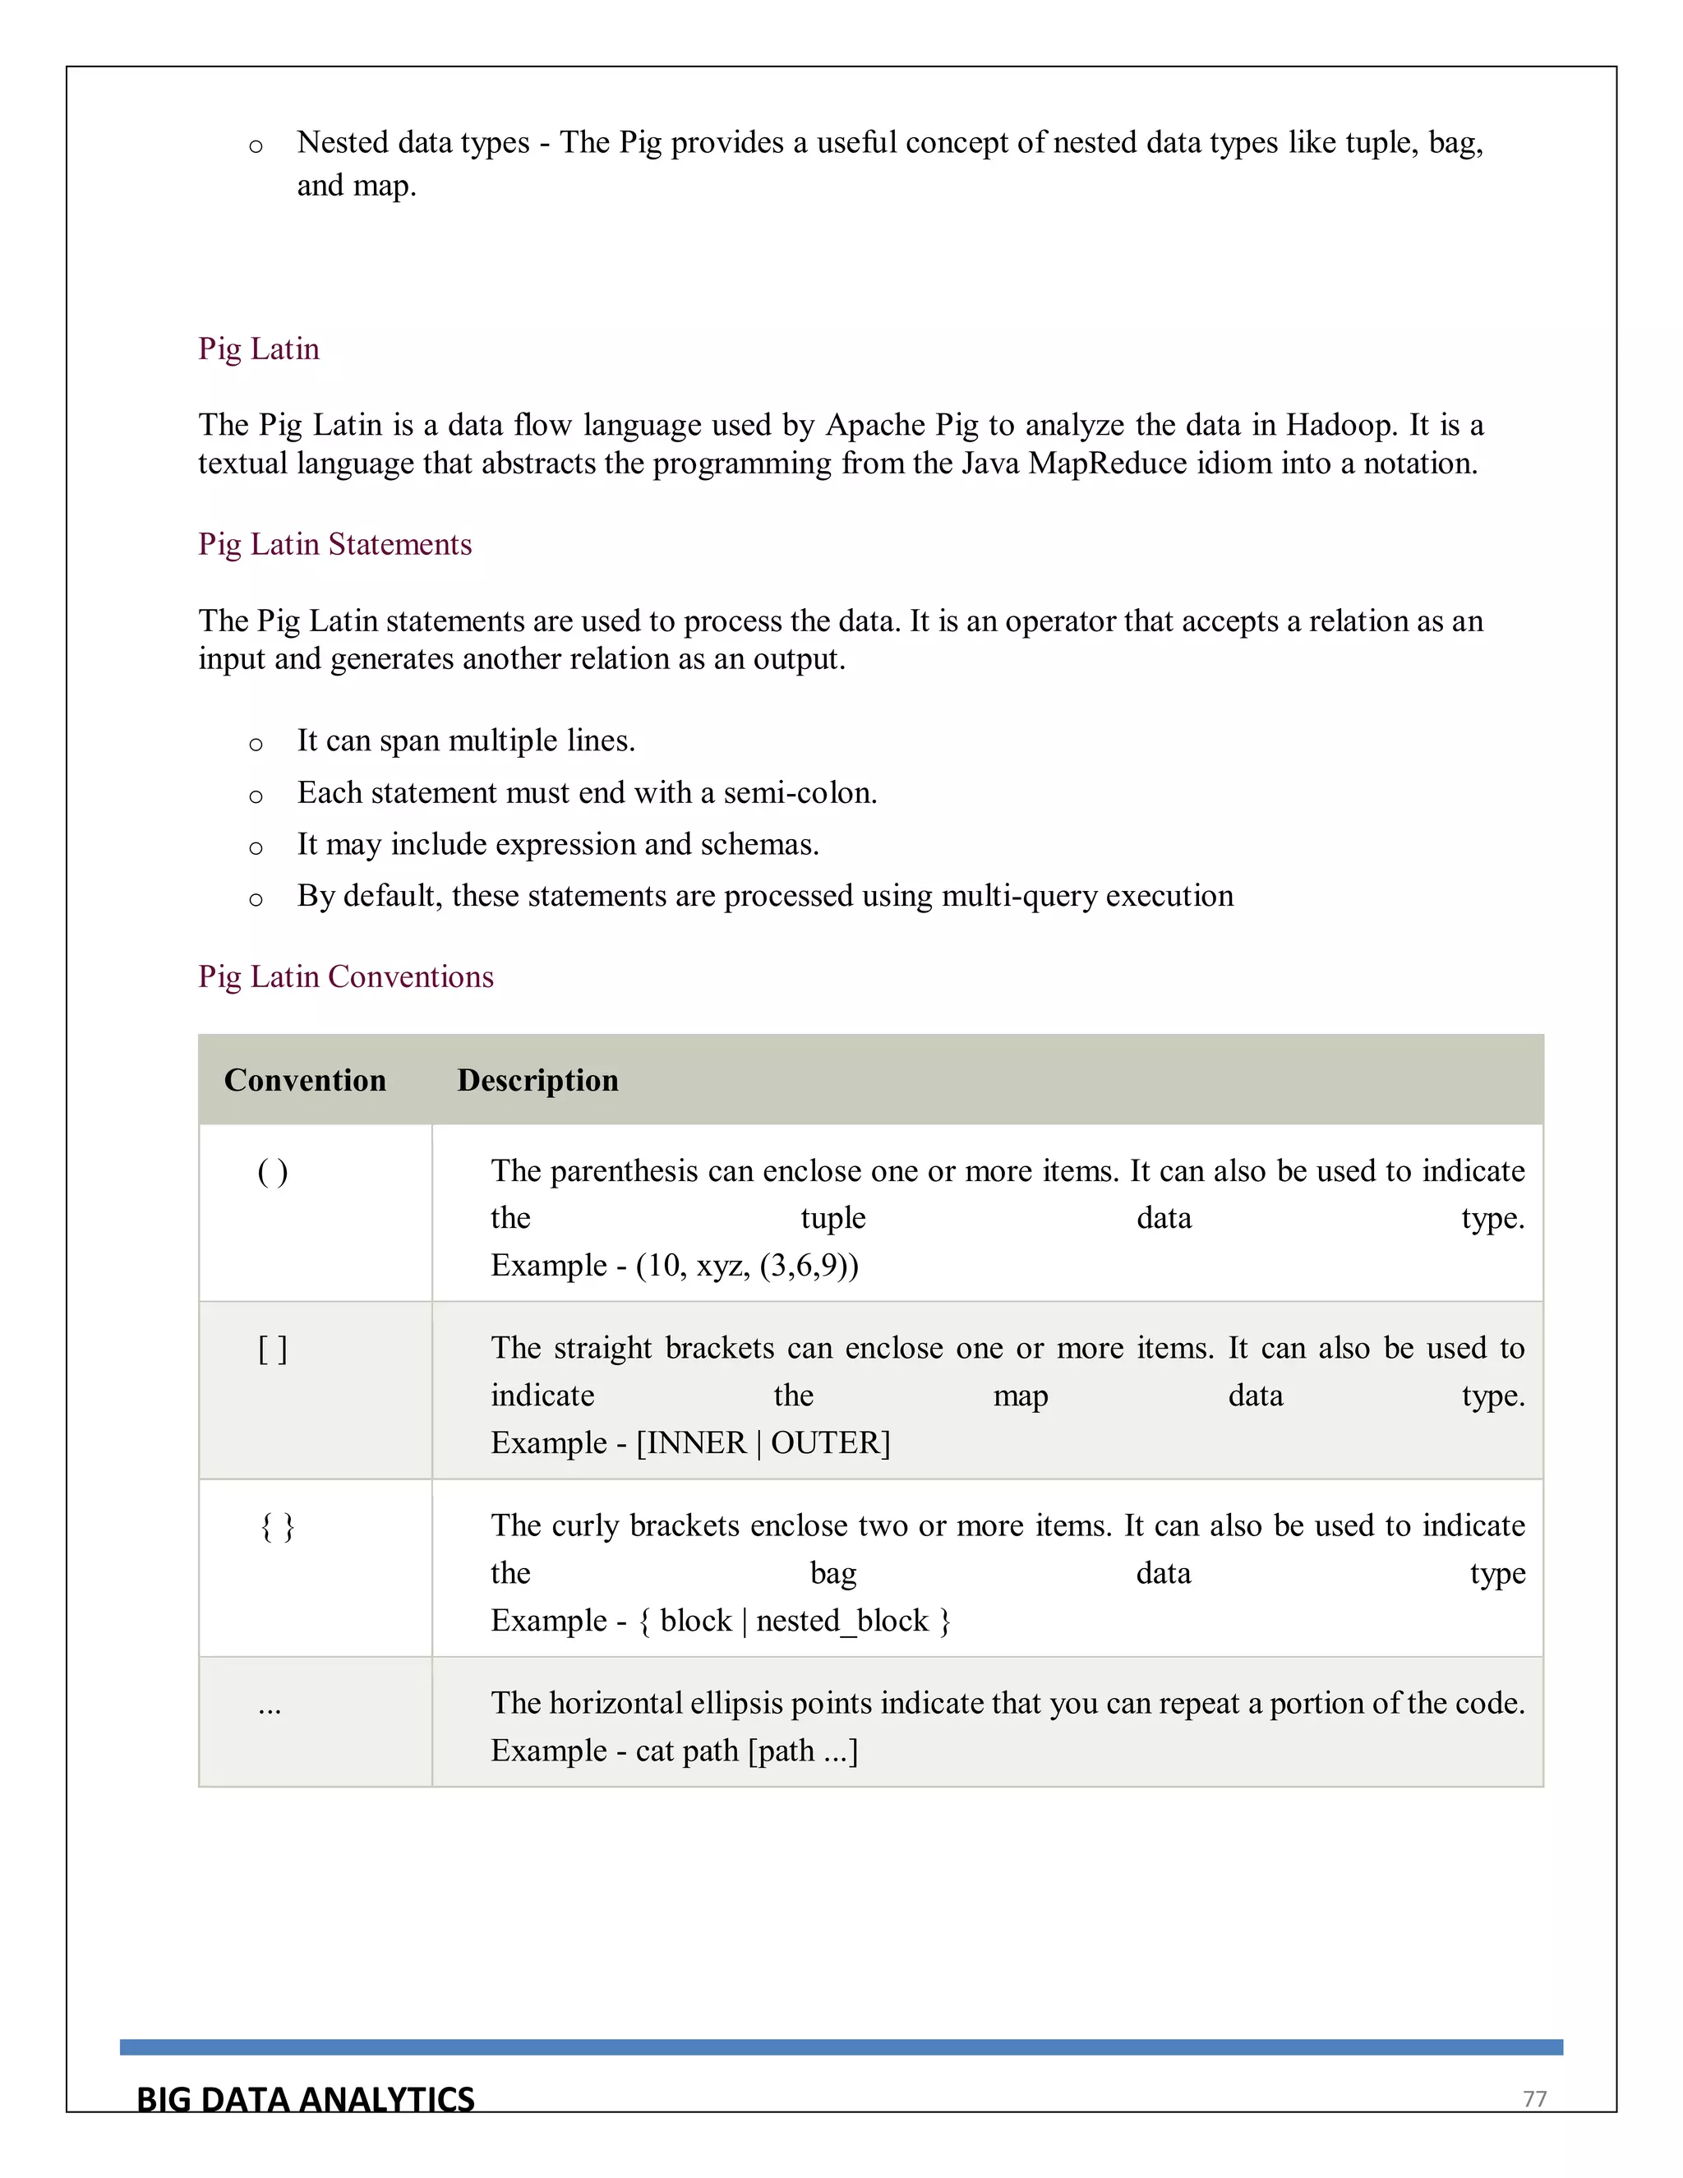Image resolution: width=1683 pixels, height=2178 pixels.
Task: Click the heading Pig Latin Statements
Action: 335,544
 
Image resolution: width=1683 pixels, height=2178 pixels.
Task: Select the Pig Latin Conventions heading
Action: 346,976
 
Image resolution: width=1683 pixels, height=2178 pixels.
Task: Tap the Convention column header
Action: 305,1080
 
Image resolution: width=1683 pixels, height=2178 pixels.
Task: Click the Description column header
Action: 537,1080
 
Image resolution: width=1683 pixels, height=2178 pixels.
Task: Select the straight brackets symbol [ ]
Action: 272,1350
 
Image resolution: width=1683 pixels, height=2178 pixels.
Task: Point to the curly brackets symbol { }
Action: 277,1527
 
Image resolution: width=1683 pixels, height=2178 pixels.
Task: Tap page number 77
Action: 1534,2099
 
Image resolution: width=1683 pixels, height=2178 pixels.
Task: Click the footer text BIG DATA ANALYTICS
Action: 305,2099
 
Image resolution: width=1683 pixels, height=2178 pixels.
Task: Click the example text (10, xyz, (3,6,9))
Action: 747,1266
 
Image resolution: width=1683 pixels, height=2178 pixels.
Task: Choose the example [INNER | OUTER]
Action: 763,1443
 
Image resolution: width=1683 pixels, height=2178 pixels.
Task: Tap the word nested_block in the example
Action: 842,1621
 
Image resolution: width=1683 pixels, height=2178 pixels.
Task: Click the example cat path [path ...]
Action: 747,1750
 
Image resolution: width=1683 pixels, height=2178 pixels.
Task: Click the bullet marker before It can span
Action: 256,744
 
